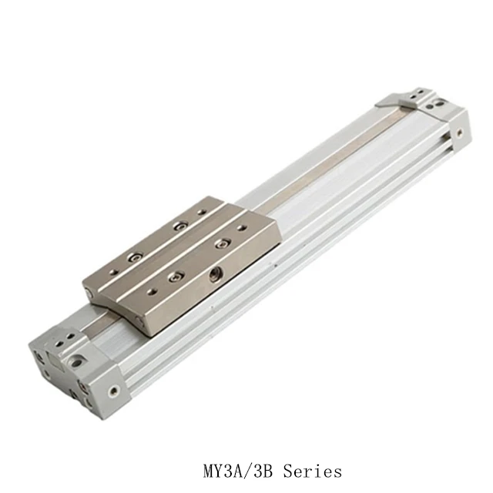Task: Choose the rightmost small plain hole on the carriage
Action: tap(245, 228)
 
